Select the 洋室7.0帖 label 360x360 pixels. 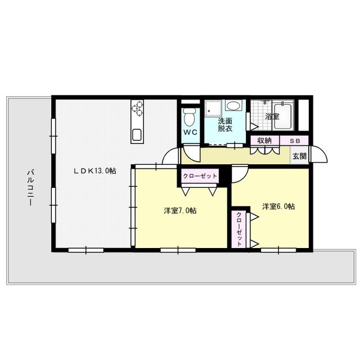(x=180, y=210)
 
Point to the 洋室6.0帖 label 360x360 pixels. (x=278, y=206)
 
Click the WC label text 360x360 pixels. (x=190, y=133)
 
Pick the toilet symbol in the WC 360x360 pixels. (x=190, y=116)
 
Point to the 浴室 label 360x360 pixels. (x=272, y=117)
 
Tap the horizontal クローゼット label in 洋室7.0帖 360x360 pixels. (x=199, y=176)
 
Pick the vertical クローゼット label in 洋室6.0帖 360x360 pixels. (x=239, y=228)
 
